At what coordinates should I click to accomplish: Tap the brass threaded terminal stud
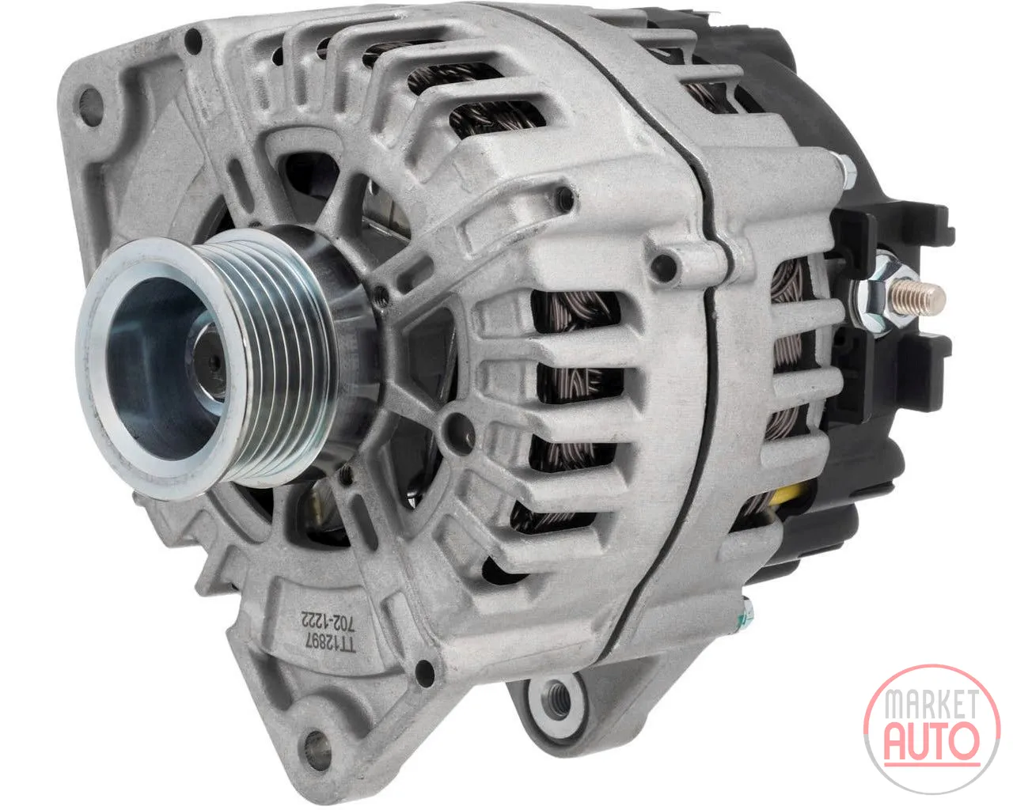coord(918,297)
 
